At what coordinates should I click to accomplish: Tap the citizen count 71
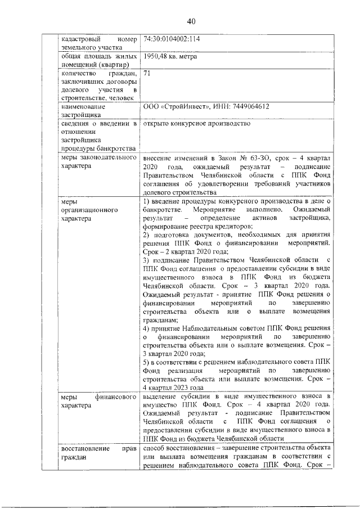147,74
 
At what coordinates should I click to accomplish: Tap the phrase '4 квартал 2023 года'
173,388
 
